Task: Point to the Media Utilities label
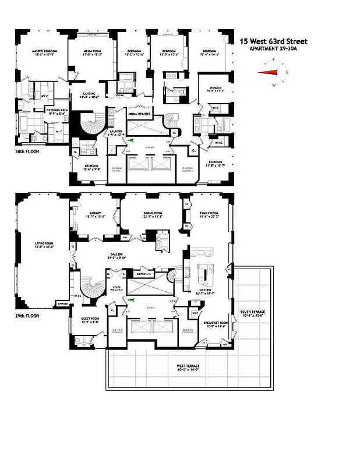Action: click(140, 114)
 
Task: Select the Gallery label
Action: click(133, 255)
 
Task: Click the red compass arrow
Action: click(269, 73)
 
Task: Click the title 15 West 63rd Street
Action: click(274, 41)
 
